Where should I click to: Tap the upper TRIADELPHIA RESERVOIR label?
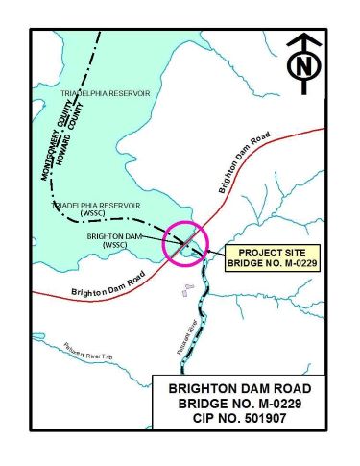(106, 93)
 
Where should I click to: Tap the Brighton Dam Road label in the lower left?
(102, 289)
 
